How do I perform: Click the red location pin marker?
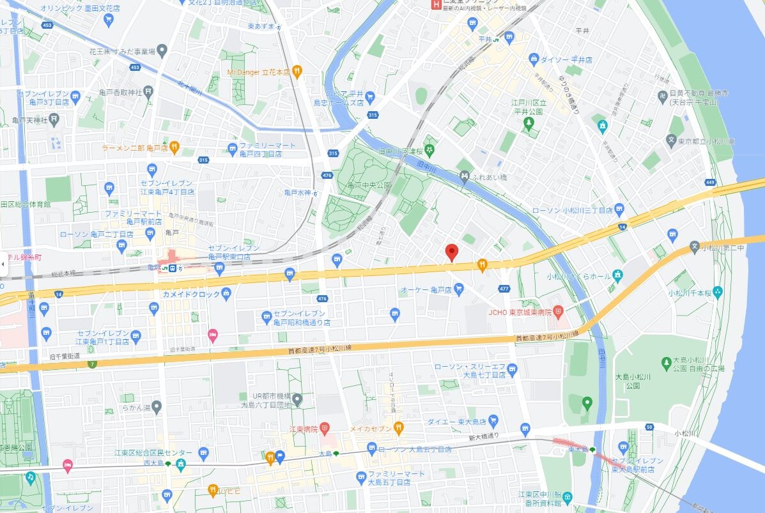tap(451, 252)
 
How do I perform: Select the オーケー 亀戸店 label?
tap(426, 290)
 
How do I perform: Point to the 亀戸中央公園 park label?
tap(369, 185)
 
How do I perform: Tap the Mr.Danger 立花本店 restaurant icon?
tap(297, 72)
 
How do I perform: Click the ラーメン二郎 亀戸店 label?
tap(135, 148)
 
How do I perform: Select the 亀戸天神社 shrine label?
tap(30, 120)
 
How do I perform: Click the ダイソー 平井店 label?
tap(566, 59)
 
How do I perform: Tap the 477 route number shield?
tap(504, 288)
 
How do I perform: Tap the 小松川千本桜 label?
tap(690, 293)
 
